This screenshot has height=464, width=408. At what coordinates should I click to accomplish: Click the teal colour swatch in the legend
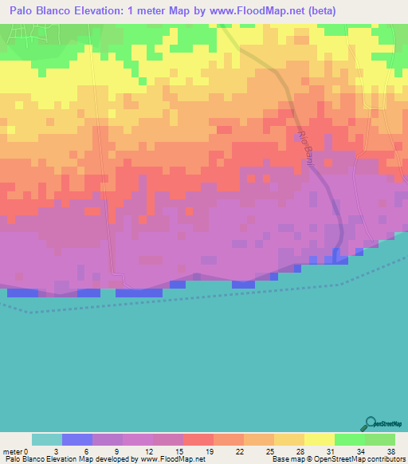tap(47, 439)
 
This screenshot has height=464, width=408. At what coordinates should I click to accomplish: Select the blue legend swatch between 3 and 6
tap(77, 439)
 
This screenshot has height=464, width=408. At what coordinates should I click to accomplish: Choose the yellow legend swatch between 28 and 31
tap(319, 439)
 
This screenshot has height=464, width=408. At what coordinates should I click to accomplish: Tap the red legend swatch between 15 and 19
tap(198, 439)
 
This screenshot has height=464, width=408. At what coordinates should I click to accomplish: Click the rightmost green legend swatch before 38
tap(379, 439)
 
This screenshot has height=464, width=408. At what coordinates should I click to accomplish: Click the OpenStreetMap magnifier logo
tap(371, 423)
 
